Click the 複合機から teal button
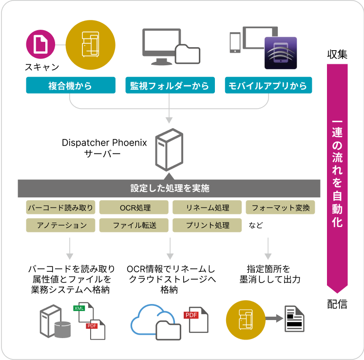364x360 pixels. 71,86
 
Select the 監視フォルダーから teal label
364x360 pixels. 170,86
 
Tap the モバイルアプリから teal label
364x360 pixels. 269,86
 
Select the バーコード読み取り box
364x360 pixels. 60,208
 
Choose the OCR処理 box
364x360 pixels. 134,208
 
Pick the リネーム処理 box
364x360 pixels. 207,208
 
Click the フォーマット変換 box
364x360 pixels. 280,208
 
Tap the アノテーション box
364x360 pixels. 60,225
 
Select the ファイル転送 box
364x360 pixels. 134,225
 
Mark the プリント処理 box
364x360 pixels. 207,225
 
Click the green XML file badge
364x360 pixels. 79,308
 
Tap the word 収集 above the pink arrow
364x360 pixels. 337,55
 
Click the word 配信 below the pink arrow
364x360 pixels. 337,304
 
